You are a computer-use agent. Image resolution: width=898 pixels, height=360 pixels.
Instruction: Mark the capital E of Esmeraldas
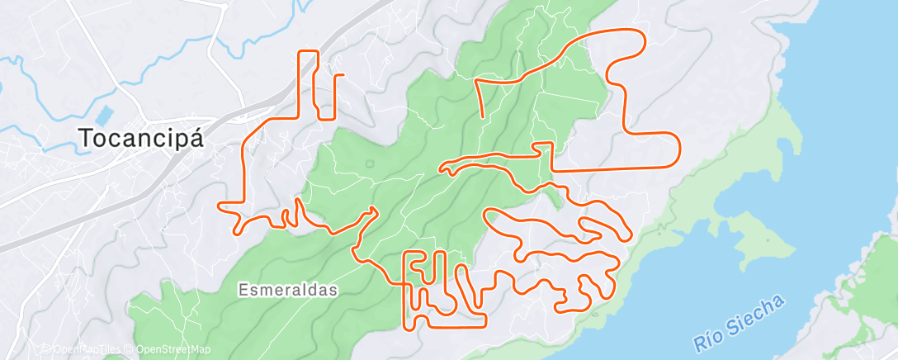(243, 290)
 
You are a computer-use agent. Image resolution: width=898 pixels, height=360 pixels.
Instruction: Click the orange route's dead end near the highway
(337, 75)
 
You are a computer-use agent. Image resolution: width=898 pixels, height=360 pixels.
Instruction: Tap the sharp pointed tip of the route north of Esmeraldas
(377, 208)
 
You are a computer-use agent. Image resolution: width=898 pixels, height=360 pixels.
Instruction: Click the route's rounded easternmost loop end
(678, 150)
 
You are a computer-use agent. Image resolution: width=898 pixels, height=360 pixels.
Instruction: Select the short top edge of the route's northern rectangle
(308, 52)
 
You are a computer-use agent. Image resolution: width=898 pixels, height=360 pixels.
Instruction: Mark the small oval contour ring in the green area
(368, 163)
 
